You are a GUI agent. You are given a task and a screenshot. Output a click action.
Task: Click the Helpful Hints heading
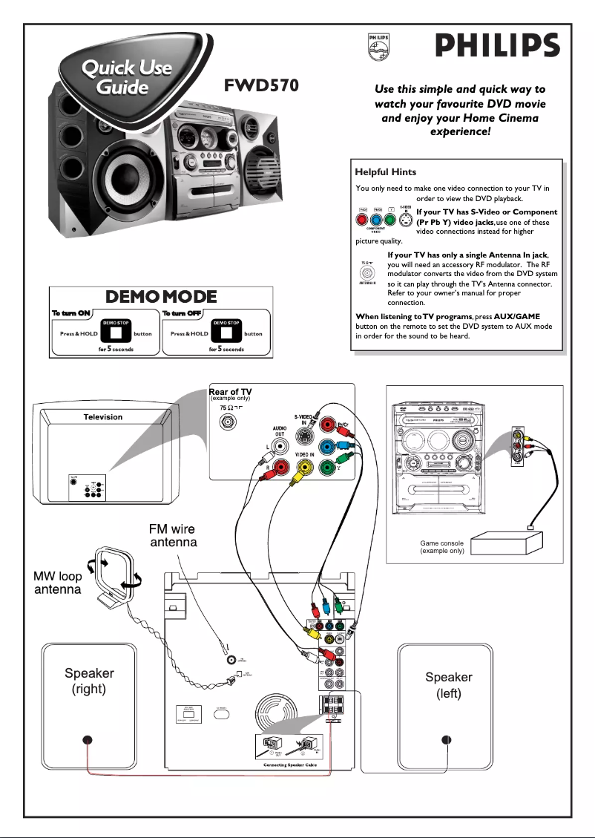point(386,172)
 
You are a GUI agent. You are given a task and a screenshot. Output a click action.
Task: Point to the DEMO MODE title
point(161,297)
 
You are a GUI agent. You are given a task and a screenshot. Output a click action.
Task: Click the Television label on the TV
point(103,417)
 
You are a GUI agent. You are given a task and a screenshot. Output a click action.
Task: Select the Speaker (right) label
point(89,681)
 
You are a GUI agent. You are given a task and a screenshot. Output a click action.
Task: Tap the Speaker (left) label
point(448,685)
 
